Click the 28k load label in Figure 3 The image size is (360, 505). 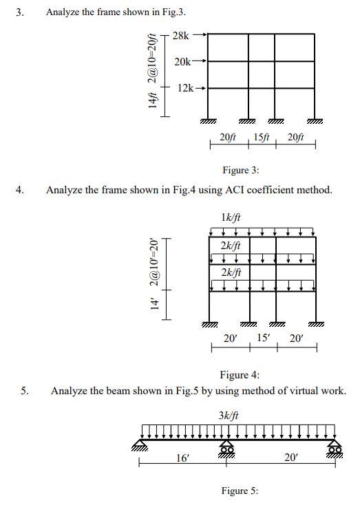[181, 35]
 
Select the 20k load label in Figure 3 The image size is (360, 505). [182, 62]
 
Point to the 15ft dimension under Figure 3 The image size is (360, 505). [262, 138]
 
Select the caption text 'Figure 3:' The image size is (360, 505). [240, 170]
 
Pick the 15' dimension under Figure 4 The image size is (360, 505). [263, 338]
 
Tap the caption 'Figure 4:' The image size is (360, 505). [240, 374]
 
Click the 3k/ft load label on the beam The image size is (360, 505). [229, 416]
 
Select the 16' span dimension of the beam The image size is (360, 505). [183, 458]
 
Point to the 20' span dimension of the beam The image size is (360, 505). [292, 458]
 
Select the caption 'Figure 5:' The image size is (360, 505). [240, 491]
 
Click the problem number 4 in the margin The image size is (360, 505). [21, 189]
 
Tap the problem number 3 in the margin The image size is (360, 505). [21, 12]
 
